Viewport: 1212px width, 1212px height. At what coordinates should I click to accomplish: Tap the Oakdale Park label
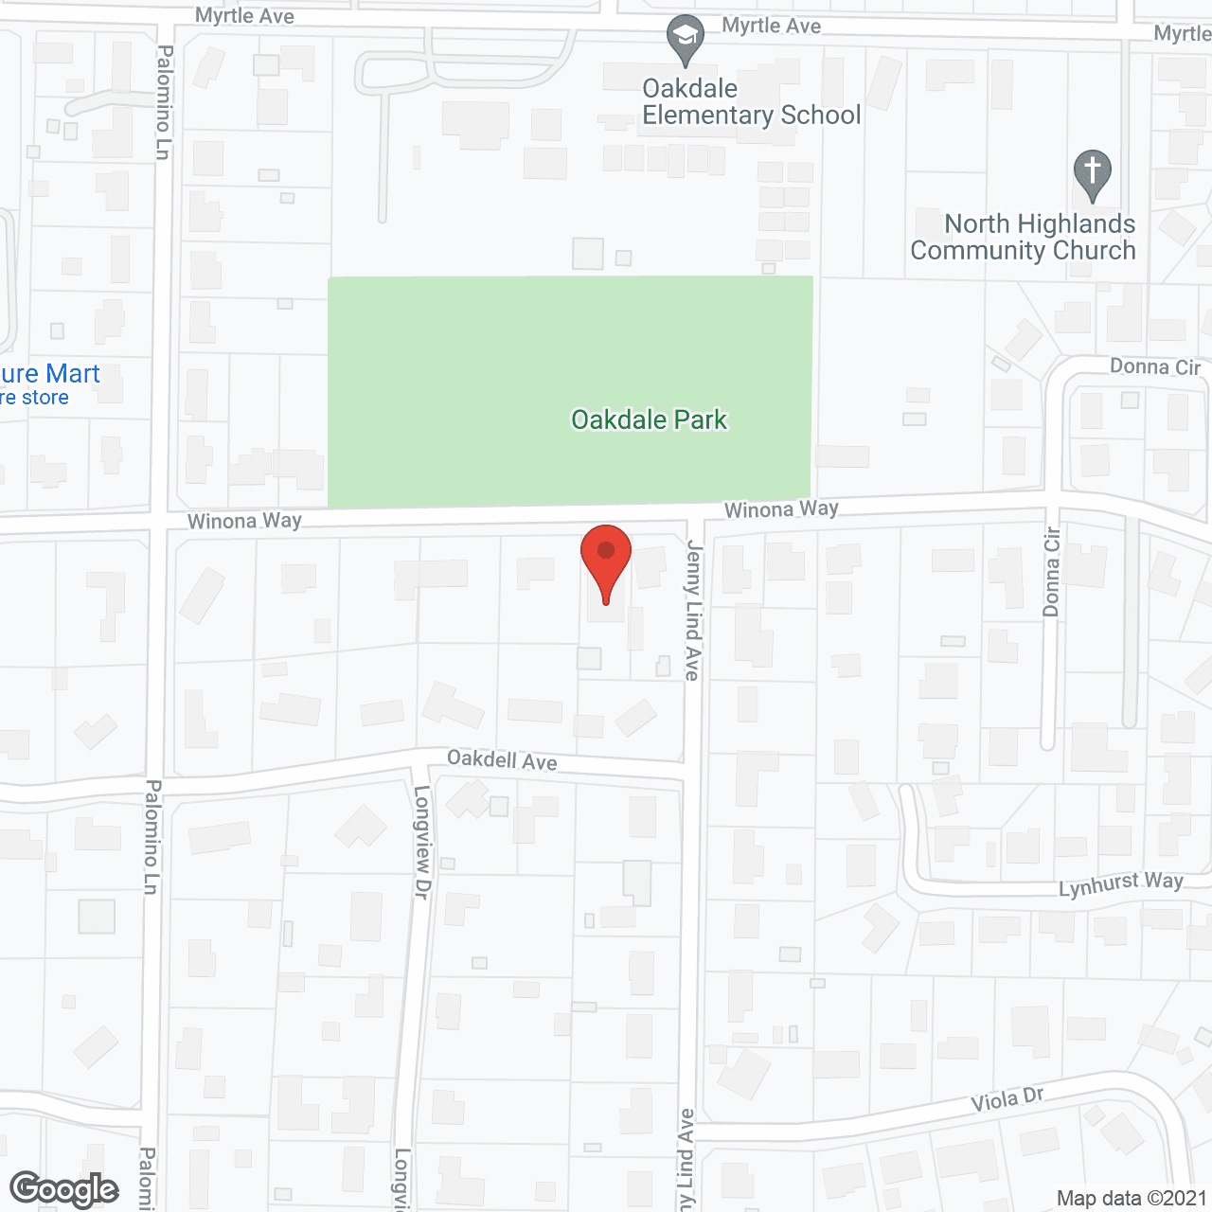pyautogui.click(x=649, y=419)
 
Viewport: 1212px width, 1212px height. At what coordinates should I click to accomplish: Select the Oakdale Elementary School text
pyautogui.click(x=751, y=102)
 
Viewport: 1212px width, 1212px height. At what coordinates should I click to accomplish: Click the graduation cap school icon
pyautogui.click(x=685, y=39)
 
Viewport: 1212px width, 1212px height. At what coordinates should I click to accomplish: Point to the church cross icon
pyautogui.click(x=1093, y=173)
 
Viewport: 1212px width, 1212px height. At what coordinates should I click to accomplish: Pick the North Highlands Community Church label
pyautogui.click(x=1024, y=238)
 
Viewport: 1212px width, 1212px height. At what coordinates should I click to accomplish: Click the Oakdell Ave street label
pyautogui.click(x=502, y=760)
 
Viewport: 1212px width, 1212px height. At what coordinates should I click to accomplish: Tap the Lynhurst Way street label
pyautogui.click(x=1120, y=884)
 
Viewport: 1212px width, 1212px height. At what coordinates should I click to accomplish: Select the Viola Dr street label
pyautogui.click(x=1007, y=1100)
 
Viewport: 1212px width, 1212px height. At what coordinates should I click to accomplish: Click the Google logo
pyautogui.click(x=64, y=1189)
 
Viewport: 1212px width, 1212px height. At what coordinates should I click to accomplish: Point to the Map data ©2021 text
pyautogui.click(x=1132, y=1199)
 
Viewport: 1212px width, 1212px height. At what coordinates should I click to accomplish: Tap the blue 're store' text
pyautogui.click(x=34, y=398)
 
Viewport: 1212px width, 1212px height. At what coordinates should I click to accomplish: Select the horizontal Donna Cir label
pyautogui.click(x=1154, y=366)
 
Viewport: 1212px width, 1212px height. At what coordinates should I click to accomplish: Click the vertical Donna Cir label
pyautogui.click(x=1051, y=572)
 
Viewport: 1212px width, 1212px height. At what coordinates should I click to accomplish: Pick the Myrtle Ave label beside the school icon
pyautogui.click(x=771, y=26)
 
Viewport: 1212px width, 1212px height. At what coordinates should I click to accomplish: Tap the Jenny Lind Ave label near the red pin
pyautogui.click(x=693, y=610)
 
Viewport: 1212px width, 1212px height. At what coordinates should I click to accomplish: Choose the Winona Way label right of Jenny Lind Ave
pyautogui.click(x=781, y=509)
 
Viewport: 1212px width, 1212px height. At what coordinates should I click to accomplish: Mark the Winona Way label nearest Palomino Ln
pyautogui.click(x=244, y=521)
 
